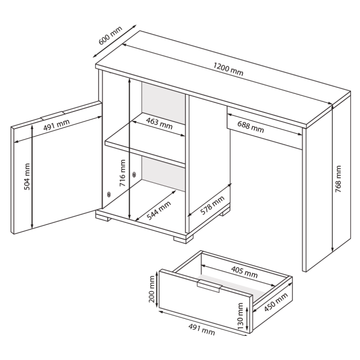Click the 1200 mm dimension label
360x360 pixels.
point(228,69)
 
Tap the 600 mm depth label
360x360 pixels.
point(110,35)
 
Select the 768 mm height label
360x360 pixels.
point(338,179)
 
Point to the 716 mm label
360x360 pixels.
point(122,173)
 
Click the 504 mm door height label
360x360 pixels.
point(27,177)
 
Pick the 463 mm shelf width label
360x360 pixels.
point(159,123)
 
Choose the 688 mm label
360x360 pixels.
point(251,127)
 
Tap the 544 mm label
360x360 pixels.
point(159,211)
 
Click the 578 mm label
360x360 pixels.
point(212,206)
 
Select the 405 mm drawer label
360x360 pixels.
point(244,272)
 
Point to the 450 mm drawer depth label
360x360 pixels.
point(276,302)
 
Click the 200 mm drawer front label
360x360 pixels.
point(152,289)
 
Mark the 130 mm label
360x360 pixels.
point(240,316)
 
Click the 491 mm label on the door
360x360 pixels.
point(56,125)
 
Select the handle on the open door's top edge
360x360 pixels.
point(52,116)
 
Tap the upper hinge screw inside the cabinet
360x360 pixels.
point(134,175)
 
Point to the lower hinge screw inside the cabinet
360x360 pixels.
point(109,194)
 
